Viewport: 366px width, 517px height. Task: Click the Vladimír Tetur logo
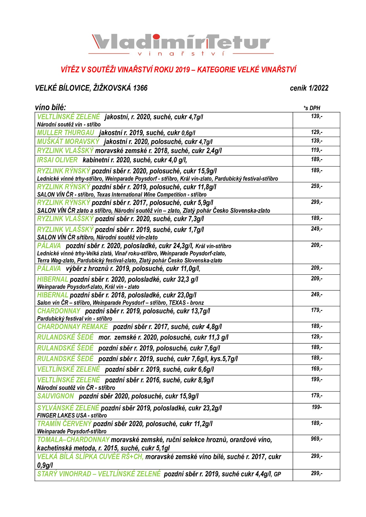coord(181,44)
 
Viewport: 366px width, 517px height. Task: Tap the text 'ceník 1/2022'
coord(309,88)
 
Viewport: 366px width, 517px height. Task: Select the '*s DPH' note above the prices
coord(312,108)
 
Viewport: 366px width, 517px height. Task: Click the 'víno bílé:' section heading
coord(50,107)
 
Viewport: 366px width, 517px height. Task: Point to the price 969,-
coord(316,439)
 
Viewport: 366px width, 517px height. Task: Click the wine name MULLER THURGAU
coord(66,133)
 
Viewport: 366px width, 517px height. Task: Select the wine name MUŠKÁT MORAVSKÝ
coord(68,142)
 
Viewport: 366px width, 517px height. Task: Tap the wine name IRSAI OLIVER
coord(57,160)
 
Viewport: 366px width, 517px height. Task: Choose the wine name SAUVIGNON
coord(56,396)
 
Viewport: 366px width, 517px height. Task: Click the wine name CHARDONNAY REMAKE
coord(72,327)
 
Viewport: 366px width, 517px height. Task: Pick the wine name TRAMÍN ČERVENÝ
coord(64,424)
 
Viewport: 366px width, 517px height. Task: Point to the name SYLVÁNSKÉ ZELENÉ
coord(68,408)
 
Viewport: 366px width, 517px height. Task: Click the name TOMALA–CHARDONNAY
coord(73,440)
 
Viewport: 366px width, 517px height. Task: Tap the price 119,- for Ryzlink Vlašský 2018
coord(316,150)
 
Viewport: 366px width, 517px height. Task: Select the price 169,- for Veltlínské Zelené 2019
coord(316,369)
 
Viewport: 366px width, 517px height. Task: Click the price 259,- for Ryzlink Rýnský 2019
coord(316,186)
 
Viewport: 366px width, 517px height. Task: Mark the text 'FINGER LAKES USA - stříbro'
coord(72,416)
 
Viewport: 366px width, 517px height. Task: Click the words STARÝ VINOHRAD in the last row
coord(64,474)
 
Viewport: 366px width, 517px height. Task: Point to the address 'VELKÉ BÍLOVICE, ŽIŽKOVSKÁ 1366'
coord(91,88)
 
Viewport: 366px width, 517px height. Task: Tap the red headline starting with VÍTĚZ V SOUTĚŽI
coord(178,70)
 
